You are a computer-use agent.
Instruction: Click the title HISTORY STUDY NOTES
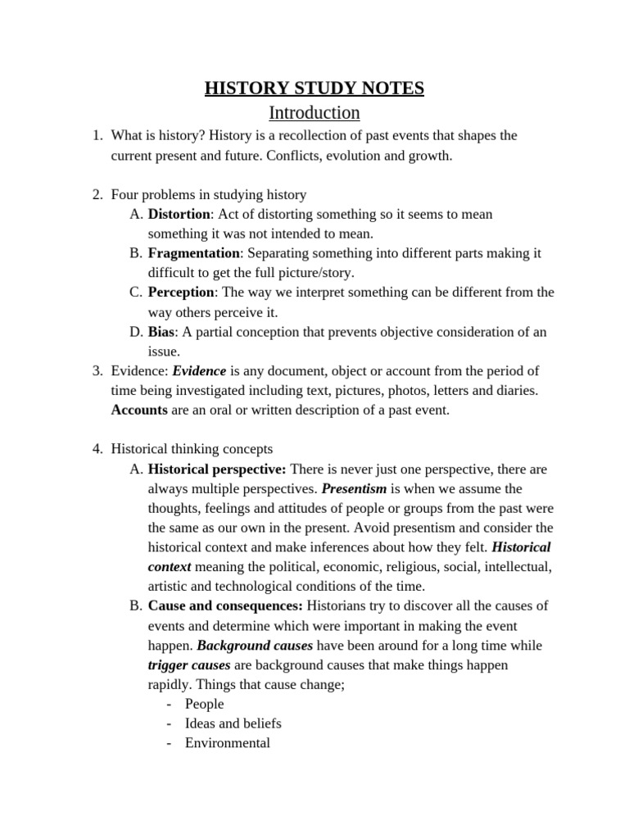tap(314, 88)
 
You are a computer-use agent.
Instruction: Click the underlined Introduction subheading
tap(314, 112)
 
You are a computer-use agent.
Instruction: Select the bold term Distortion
tap(179, 214)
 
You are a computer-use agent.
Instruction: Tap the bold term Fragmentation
tap(194, 253)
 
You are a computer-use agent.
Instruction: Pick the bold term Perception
tap(181, 293)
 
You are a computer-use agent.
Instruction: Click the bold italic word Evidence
tap(199, 371)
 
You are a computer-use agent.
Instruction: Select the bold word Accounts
tap(139, 410)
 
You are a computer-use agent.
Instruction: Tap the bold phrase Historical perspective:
tap(217, 469)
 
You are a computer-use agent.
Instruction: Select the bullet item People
tap(204, 704)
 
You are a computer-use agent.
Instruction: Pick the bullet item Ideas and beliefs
tap(233, 723)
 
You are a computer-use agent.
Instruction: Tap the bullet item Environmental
tap(227, 743)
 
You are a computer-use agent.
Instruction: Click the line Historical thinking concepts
tap(192, 449)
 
